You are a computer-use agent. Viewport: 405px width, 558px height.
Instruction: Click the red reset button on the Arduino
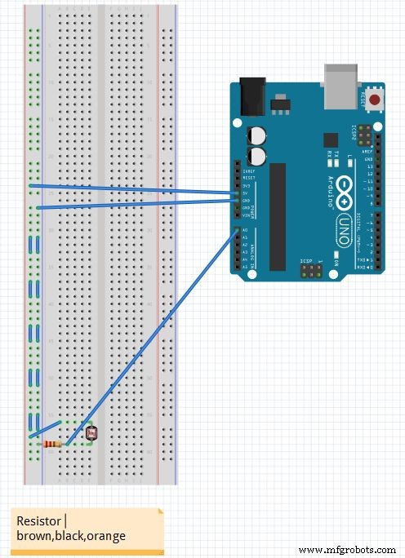coord(375,100)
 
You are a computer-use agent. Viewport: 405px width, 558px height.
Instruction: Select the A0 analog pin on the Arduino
coord(238,231)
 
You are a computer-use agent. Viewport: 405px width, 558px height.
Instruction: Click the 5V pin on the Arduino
coord(238,193)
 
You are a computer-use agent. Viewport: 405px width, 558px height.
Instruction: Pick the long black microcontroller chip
coord(278,216)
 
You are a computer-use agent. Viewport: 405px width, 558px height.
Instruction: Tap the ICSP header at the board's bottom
coord(310,270)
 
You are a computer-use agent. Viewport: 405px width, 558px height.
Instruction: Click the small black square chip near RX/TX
coord(331,139)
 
